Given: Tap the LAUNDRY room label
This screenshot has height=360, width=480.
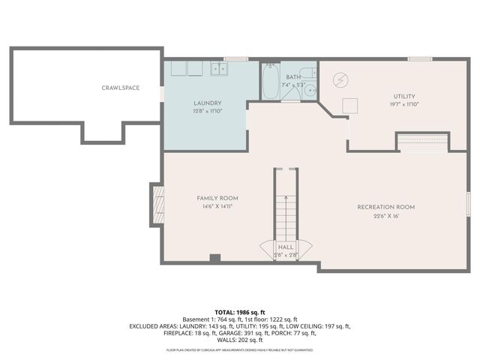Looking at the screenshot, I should [207, 103].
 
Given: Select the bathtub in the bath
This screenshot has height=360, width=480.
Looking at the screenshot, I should [270, 82].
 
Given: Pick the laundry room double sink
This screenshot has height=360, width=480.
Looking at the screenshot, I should [218, 69].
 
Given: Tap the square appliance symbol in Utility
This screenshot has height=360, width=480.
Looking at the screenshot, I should [349, 106].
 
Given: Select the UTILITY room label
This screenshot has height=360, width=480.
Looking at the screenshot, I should [404, 96].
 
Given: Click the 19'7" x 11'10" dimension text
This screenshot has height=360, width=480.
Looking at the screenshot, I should [404, 104].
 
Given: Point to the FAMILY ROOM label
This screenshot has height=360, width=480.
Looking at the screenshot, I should [217, 198].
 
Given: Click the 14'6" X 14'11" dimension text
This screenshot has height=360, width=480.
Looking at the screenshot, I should [217, 206].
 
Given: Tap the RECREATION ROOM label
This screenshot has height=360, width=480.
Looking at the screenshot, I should [385, 207].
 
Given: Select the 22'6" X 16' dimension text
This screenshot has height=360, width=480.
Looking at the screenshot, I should [385, 216].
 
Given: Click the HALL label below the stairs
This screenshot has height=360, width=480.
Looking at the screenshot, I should [286, 246].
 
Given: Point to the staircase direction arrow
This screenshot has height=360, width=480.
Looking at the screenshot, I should [286, 210].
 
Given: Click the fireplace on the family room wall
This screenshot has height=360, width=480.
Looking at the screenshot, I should [157, 205].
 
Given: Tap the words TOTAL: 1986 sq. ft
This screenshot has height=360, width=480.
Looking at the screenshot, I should [240, 312].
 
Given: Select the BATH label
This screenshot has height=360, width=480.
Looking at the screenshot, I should [292, 76].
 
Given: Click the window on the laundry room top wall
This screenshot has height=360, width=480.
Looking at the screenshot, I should [236, 58].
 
